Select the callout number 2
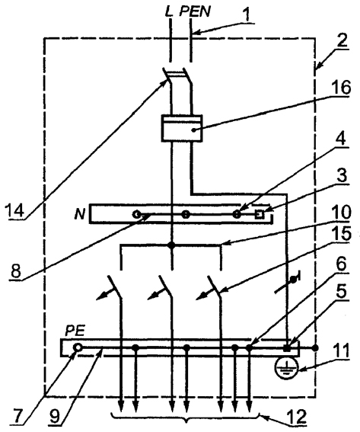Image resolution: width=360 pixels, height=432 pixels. tap(342, 41)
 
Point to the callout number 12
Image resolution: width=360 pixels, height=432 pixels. tap(296, 417)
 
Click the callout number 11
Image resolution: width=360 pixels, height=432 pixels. tap(340, 351)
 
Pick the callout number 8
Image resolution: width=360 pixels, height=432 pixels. tap(16, 271)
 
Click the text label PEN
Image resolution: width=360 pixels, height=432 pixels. tap(195, 12)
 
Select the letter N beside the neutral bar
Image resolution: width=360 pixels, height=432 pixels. tap(80, 213)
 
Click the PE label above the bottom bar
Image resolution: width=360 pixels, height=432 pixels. tap(75, 331)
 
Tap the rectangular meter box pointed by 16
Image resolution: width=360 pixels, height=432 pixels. tap(182, 129)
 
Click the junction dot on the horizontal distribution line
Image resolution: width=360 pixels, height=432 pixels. tap(172, 245)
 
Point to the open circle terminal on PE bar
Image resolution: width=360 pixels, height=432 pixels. tap(78, 348)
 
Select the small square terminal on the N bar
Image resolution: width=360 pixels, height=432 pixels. tap(259, 214)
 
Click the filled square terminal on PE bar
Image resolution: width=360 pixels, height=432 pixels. tap(287, 348)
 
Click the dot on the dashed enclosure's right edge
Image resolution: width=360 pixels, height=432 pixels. tap(315, 348)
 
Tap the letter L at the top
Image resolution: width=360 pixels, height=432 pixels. tap(169, 12)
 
